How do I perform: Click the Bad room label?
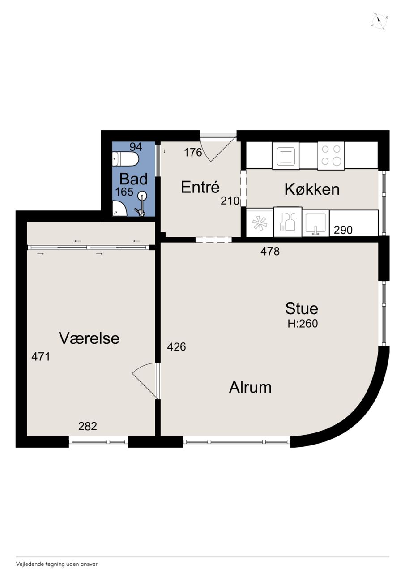pyautogui.click(x=133, y=179)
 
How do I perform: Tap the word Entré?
pyautogui.click(x=200, y=187)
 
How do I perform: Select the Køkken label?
pyautogui.click(x=312, y=189)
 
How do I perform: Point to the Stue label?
pyautogui.click(x=302, y=308)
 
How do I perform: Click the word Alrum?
pyautogui.click(x=250, y=387)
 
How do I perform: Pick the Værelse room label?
pyautogui.click(x=89, y=338)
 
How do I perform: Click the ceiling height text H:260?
pyautogui.click(x=303, y=324)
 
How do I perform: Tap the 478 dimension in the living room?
pyautogui.click(x=270, y=252)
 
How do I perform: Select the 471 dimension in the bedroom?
pyautogui.click(x=41, y=356)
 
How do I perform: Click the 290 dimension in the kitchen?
pyautogui.click(x=343, y=230)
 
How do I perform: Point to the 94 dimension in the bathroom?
pyautogui.click(x=136, y=147)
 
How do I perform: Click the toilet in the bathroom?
pyautogui.click(x=126, y=159)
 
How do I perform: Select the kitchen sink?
pyautogui.click(x=315, y=223)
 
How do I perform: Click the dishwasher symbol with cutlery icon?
pyautogui.click(x=288, y=222)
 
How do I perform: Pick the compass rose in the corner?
pyautogui.click(x=379, y=22)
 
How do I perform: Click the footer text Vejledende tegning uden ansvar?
pyautogui.click(x=57, y=564)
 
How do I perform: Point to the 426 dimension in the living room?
pyautogui.click(x=176, y=347)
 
